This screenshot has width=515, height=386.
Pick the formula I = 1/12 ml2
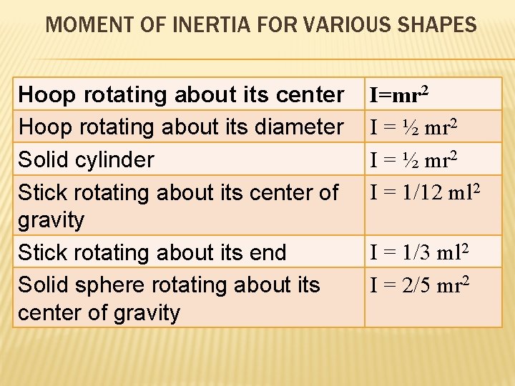click(x=424, y=192)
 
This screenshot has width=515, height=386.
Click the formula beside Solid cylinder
click(x=416, y=159)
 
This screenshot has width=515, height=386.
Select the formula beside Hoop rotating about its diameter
click(x=416, y=127)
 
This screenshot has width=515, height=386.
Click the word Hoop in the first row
click(x=47, y=94)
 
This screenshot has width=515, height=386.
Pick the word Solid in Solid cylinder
click(x=41, y=159)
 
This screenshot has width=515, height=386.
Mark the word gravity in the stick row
click(x=51, y=219)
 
